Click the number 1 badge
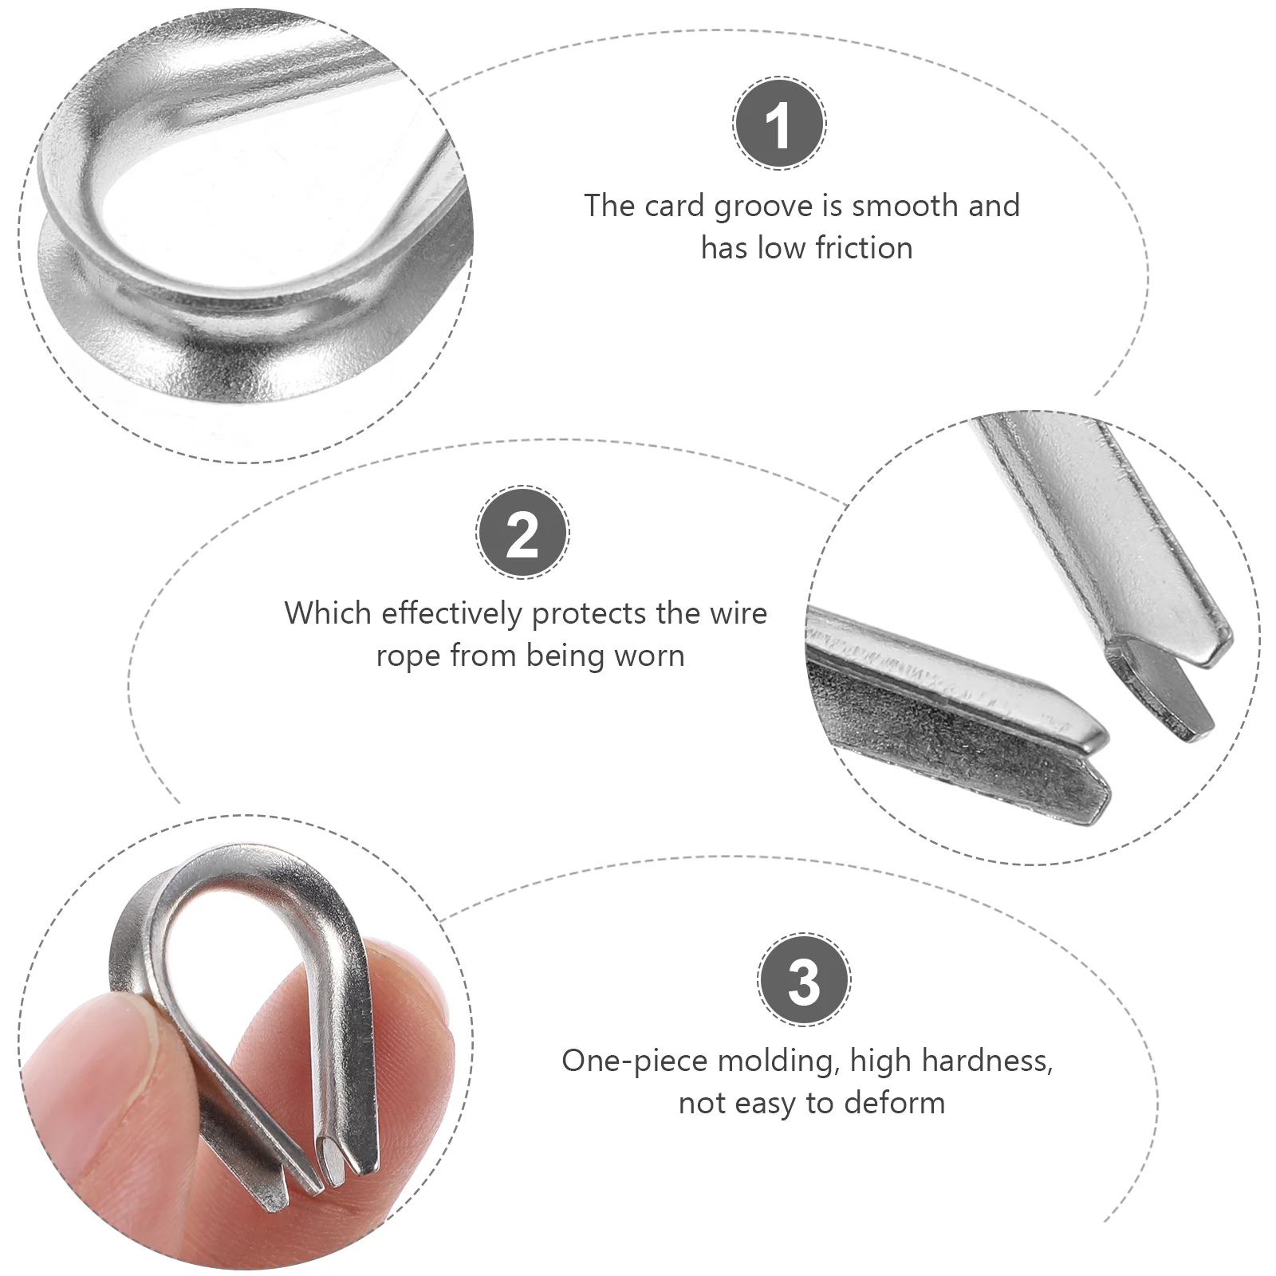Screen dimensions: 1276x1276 tap(779, 124)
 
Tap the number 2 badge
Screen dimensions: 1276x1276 tap(522, 533)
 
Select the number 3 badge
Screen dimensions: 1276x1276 tap(803, 980)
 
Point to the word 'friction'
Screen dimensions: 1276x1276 tap(864, 249)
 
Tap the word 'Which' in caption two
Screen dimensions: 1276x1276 tap(328, 613)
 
